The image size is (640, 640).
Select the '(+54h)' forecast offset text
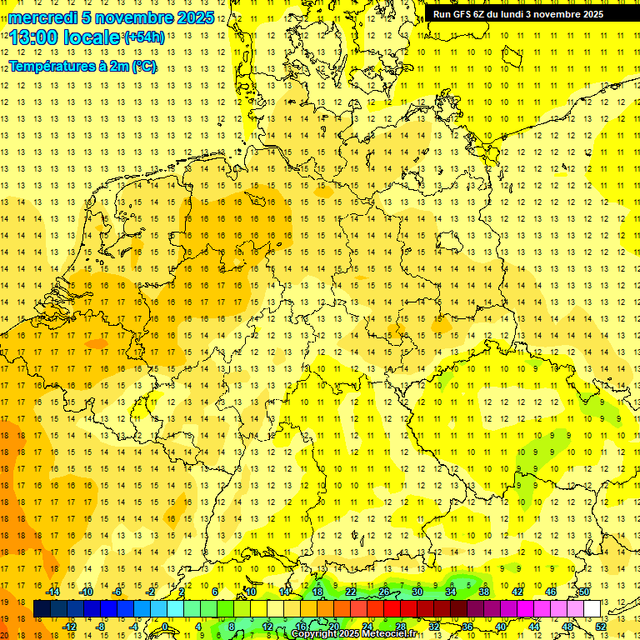143,37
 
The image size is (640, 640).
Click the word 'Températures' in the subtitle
50,67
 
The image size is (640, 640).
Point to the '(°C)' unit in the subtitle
142,67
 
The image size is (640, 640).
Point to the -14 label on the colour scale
52,592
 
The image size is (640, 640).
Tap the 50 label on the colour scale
584,592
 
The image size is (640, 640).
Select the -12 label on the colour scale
69,627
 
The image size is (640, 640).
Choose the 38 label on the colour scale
483,592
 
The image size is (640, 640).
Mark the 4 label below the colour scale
198,627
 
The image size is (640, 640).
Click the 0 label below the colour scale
165,627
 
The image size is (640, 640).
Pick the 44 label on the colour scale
534,627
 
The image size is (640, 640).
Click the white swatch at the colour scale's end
592,609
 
